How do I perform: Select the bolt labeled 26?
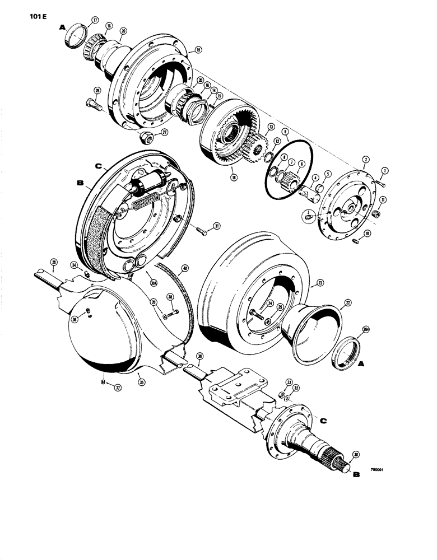[92, 102]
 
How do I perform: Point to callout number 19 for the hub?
[198, 50]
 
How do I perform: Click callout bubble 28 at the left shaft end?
[54, 262]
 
